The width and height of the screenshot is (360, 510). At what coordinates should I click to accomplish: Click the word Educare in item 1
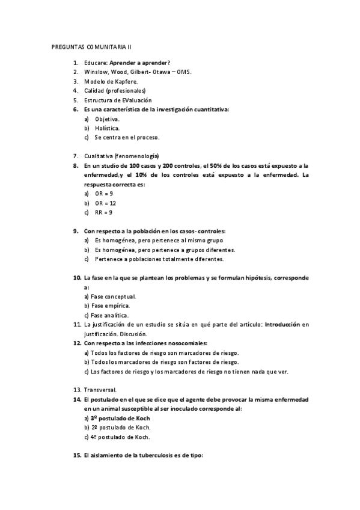tap(96, 63)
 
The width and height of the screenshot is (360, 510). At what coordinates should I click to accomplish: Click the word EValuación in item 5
tap(135, 100)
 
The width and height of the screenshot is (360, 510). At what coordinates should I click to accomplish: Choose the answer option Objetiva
tap(107, 118)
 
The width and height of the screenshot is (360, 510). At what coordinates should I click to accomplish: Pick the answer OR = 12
tap(105, 203)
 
